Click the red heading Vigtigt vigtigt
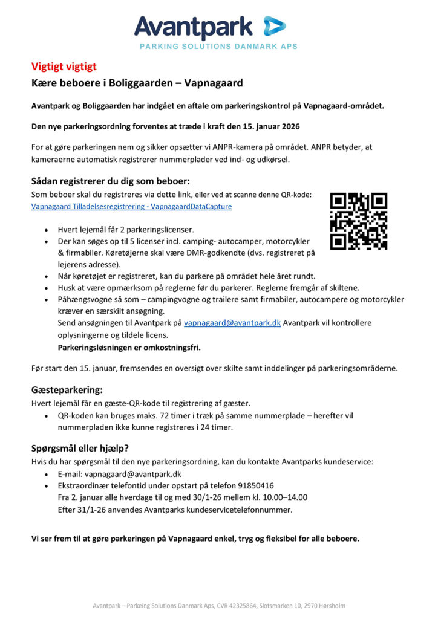(x=64, y=67)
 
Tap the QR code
(x=358, y=221)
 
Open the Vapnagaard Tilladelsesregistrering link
(x=131, y=206)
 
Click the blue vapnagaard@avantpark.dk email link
(x=232, y=323)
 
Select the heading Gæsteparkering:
(x=67, y=391)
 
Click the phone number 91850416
(x=255, y=485)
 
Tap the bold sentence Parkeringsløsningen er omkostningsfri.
(x=129, y=348)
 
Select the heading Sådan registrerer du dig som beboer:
(x=111, y=181)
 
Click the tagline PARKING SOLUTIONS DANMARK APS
(x=218, y=47)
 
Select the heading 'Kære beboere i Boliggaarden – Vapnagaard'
(x=137, y=83)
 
